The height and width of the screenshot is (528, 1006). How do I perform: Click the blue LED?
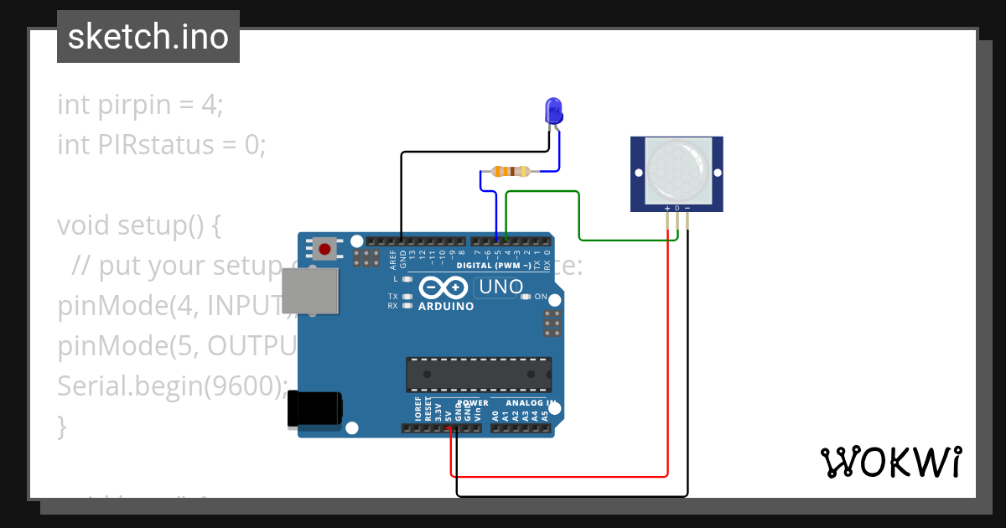[553, 111]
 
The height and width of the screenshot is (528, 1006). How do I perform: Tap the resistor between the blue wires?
[511, 172]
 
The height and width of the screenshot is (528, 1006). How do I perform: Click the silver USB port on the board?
[309, 292]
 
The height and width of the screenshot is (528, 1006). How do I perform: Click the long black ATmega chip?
[479, 374]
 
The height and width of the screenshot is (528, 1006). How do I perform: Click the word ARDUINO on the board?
[446, 307]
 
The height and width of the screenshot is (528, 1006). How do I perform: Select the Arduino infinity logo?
[442, 287]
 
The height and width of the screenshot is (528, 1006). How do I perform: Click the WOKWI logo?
[890, 462]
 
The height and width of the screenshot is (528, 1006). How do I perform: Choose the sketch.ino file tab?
[148, 37]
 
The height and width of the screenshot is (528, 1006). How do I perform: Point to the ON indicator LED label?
[541, 298]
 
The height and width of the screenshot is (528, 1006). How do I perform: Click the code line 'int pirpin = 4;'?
[140, 105]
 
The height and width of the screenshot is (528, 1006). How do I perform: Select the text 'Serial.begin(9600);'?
[172, 386]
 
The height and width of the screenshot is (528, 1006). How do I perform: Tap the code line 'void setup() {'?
[138, 225]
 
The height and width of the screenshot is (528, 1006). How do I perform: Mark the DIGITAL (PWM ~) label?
[493, 266]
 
